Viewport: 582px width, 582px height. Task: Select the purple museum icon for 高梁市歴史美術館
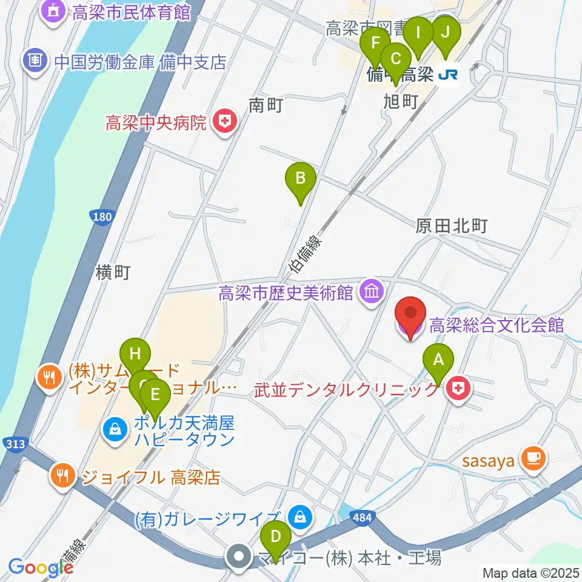pyautogui.click(x=372, y=293)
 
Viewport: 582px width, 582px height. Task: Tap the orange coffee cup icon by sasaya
pyautogui.click(x=533, y=459)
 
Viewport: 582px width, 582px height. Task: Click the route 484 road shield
pyautogui.click(x=363, y=518)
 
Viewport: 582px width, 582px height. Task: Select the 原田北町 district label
pyautogui.click(x=452, y=227)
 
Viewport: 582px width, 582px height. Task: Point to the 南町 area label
pyautogui.click(x=266, y=105)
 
